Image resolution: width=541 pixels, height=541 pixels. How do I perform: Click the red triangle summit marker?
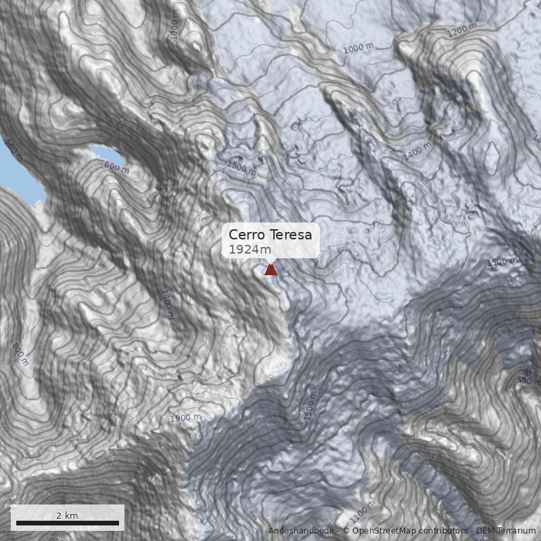[x=270, y=270]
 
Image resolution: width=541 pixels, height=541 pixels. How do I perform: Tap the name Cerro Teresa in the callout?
[x=270, y=235]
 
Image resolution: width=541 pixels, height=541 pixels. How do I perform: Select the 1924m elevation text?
[x=245, y=250]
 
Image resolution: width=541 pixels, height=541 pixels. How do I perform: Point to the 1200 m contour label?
[x=462, y=30]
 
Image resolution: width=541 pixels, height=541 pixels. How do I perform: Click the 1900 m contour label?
[x=185, y=418]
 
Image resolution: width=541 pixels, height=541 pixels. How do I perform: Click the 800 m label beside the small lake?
[x=116, y=166]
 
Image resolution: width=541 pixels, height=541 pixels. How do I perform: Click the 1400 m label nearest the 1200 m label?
[x=417, y=151]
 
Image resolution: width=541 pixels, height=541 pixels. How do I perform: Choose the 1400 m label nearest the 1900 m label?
[x=167, y=304]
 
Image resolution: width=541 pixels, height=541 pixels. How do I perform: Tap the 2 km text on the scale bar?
[x=67, y=515]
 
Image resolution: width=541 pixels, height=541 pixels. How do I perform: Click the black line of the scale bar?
[x=67, y=523]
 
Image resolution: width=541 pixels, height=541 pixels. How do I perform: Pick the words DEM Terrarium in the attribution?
[x=506, y=532]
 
